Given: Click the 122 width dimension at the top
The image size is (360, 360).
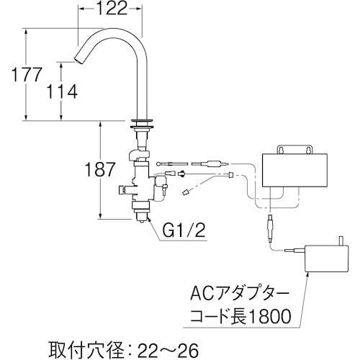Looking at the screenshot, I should coord(112,9).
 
